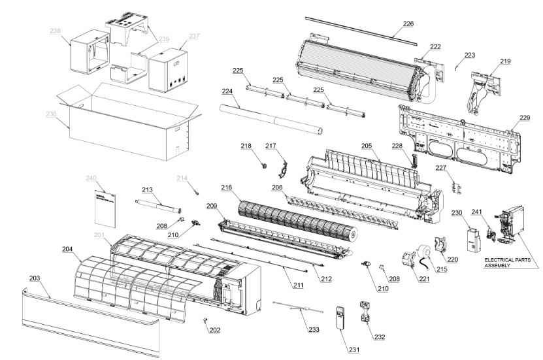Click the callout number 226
(x=408, y=24)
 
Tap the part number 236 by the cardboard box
(x=52, y=114)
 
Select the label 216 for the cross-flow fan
(x=226, y=188)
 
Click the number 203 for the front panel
(x=35, y=278)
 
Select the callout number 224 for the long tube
(x=227, y=91)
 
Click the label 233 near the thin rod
(x=314, y=330)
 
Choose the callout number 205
(x=367, y=146)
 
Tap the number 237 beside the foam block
(x=194, y=37)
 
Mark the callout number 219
(x=506, y=61)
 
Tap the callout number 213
(x=147, y=189)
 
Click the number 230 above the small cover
(x=457, y=212)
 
